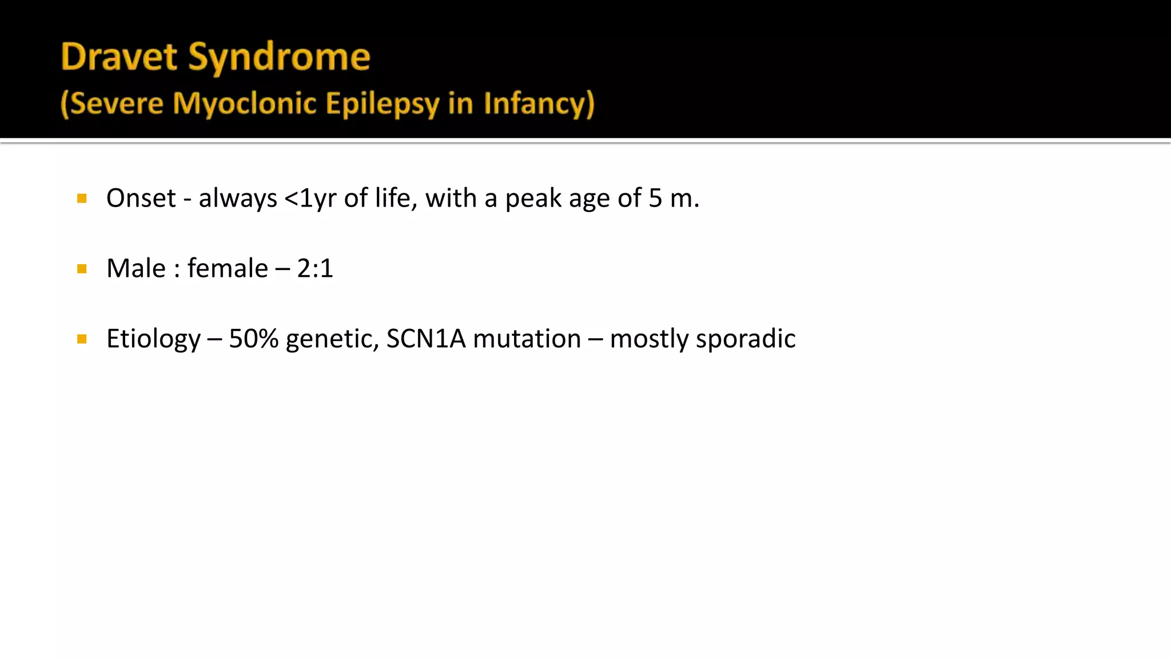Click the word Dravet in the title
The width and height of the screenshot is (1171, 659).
[119, 57]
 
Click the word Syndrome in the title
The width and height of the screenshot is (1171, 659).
[279, 58]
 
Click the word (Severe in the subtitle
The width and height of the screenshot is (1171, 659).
[112, 104]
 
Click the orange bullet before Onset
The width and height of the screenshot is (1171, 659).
[82, 199]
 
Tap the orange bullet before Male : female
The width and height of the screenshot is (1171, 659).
[82, 269]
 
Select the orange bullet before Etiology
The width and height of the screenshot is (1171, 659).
[82, 339]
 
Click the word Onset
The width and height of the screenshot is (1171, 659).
[141, 199]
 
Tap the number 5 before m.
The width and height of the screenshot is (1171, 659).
[655, 199]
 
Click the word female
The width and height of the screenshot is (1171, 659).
[228, 268]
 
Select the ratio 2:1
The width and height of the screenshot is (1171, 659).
[315, 268]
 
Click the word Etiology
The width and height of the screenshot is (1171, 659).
[153, 339]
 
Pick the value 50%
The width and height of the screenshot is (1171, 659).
[253, 339]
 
